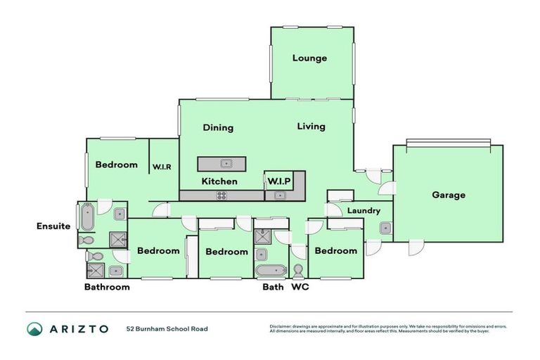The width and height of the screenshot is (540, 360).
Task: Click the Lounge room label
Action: tap(309, 58)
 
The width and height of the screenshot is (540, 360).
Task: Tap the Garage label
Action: tap(448, 195)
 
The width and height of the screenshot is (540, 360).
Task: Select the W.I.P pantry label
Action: tap(278, 181)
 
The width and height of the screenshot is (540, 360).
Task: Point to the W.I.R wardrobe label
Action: tap(162, 167)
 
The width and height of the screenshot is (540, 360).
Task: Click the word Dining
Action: tap(218, 128)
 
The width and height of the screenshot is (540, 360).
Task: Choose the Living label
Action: tap(311, 127)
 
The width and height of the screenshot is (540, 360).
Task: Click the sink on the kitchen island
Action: tap(226, 164)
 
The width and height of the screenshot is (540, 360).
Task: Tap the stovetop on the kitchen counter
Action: tap(221, 195)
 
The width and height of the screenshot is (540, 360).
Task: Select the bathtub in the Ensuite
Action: tap(87, 217)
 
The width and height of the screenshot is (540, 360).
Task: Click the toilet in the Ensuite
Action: tap(87, 240)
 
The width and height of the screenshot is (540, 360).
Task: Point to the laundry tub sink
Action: tap(385, 228)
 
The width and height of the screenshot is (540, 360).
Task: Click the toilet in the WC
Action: tap(299, 271)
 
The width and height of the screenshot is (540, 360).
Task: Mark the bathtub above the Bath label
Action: tap(270, 270)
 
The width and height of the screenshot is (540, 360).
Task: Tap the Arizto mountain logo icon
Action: tap(34, 328)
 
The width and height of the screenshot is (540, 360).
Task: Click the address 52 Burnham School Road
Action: tap(167, 328)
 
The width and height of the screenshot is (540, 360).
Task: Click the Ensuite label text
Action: tap(53, 226)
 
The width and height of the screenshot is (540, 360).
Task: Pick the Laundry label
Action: tap(364, 210)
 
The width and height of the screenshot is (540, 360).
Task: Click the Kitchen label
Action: tap(219, 181)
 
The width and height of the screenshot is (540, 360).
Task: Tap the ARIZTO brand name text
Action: tap(79, 328)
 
